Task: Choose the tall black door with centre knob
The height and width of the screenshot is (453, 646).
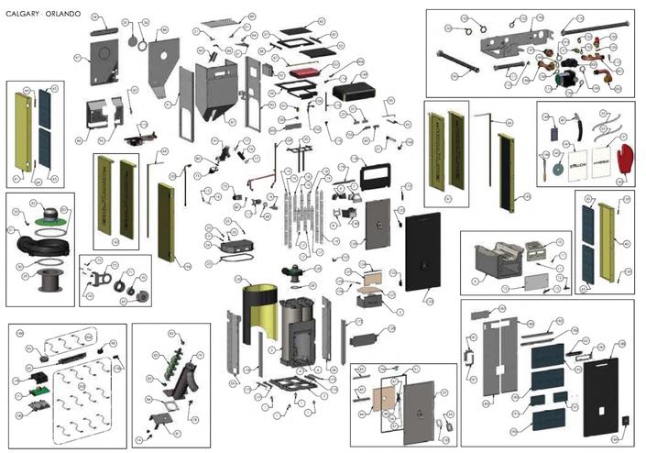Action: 425,259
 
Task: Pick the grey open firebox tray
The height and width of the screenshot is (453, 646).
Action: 495,262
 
